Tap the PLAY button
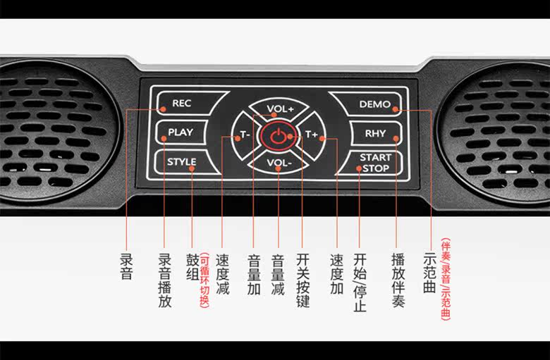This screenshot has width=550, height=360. coord(180,132)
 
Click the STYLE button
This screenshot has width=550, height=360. coord(181,161)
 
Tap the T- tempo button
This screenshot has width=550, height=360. coord(244,135)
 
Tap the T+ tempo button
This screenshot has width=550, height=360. coord(312,135)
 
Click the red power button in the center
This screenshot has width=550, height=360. coord(279,135)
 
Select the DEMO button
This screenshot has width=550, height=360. coord(374,104)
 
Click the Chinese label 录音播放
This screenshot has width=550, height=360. coord(164,280)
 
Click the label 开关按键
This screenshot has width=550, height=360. coord(303,280)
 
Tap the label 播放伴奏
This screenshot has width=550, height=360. coord(398,280)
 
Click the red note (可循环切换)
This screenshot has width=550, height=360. coord(204,280)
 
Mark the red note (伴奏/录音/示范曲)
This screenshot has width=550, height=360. coord(446,280)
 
